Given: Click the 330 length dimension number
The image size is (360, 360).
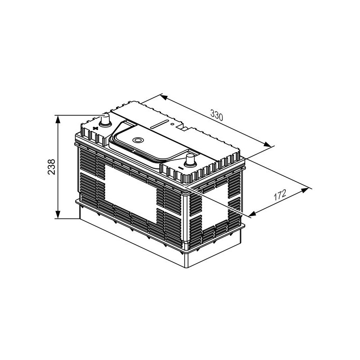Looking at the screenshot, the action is (x=216, y=115).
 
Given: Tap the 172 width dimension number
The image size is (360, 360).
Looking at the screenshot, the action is (x=280, y=195).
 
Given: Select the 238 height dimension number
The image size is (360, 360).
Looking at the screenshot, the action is (x=52, y=167).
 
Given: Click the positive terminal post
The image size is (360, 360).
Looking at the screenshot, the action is (x=105, y=120).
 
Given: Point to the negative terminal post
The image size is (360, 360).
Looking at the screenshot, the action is (x=190, y=160).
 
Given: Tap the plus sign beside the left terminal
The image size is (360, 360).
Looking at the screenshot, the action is (x=94, y=128).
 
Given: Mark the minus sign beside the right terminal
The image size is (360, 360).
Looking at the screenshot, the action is (x=181, y=169).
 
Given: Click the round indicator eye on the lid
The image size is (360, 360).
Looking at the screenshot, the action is (x=139, y=140).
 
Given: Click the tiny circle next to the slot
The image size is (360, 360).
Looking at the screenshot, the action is (x=172, y=124).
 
